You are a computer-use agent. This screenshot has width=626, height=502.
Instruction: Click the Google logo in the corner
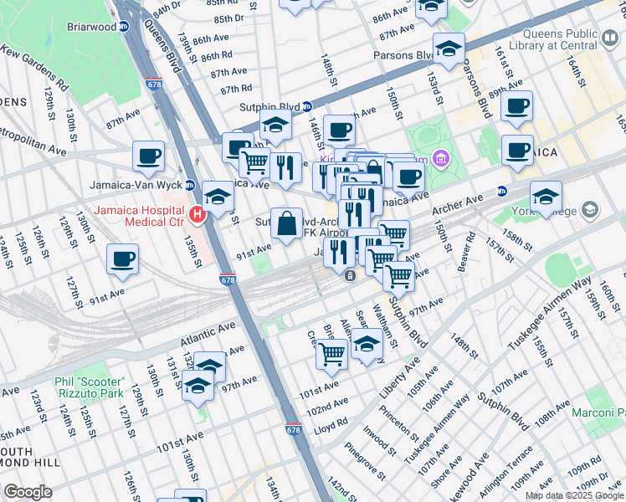pyautogui.click(x=28, y=492)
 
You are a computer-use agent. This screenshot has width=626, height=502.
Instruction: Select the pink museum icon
pyautogui.click(x=442, y=159)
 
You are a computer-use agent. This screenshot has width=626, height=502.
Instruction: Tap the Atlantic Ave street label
pyautogui.click(x=209, y=336)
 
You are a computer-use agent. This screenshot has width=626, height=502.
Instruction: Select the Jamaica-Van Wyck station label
pyautogui.click(x=137, y=185)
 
